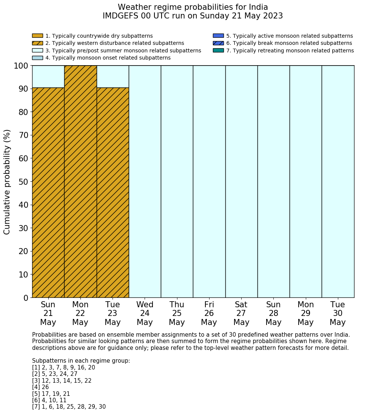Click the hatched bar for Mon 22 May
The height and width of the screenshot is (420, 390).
tap(80, 181)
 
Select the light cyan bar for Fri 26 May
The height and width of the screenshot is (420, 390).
tap(209, 181)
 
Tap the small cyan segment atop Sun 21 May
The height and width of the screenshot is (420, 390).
tap(48, 77)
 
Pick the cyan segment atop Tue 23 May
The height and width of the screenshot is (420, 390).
tap(113, 77)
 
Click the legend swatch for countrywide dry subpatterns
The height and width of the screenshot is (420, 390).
tap(37, 36)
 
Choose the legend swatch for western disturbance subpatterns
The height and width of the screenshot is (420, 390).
tap(37, 43)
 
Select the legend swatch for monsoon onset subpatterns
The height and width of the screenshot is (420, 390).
tap(37, 58)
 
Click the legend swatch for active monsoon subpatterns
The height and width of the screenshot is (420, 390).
tap(218, 36)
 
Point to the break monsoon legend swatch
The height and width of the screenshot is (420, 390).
tap(218, 43)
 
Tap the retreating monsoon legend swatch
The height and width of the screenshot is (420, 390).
tap(218, 51)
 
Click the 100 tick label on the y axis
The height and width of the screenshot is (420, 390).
tap(21, 66)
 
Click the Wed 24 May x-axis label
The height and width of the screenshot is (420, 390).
tap(145, 313)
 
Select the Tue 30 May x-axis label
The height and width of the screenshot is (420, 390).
tap(338, 313)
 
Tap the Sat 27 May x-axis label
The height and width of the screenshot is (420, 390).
tap(241, 313)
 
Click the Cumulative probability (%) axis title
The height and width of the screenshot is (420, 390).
tap(7, 182)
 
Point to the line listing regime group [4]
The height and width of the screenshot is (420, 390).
tap(40, 387)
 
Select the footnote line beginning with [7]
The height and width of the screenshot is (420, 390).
tap(69, 407)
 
